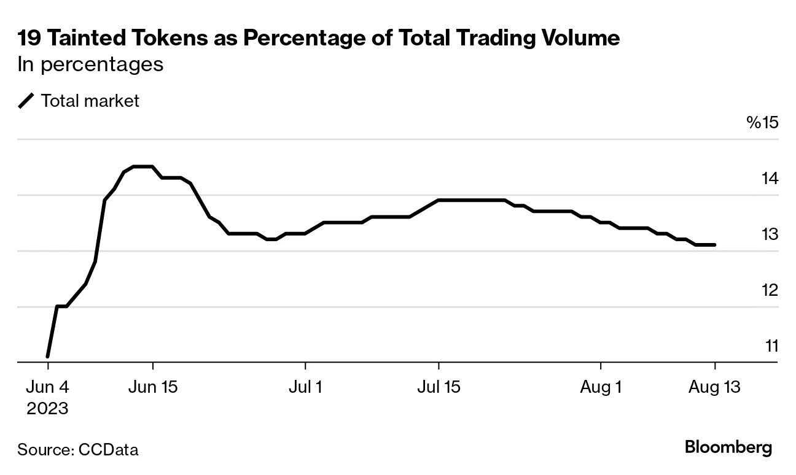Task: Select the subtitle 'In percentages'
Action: pyautogui.click(x=90, y=64)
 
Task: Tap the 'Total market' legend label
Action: pyautogui.click(x=90, y=101)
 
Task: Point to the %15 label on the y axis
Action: pyautogui.click(x=762, y=123)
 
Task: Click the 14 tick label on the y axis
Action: pyautogui.click(x=770, y=179)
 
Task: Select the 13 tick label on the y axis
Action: pyautogui.click(x=770, y=234)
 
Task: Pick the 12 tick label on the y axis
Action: pyautogui.click(x=770, y=290)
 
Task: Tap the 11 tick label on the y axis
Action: pyautogui.click(x=771, y=346)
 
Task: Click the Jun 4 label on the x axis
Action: pyautogui.click(x=47, y=388)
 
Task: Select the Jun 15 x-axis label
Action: pyautogui.click(x=152, y=388)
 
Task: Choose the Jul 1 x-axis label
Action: pyautogui.click(x=305, y=388)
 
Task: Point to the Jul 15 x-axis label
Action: pyautogui.click(x=439, y=388)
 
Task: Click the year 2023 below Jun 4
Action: pyautogui.click(x=47, y=408)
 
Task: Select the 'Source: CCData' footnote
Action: pyautogui.click(x=78, y=450)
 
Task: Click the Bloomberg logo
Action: pyautogui.click(x=728, y=447)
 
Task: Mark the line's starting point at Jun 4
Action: pyautogui.click(x=47, y=357)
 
